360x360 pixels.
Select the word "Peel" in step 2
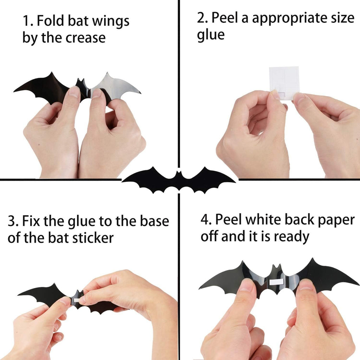click(x=227, y=18)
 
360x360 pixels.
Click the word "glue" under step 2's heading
click(x=211, y=35)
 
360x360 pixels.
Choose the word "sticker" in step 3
click(x=93, y=238)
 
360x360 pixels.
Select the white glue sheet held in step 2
click(x=284, y=81)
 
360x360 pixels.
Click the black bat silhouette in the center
click(x=179, y=179)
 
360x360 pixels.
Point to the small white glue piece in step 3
click(x=76, y=300)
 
